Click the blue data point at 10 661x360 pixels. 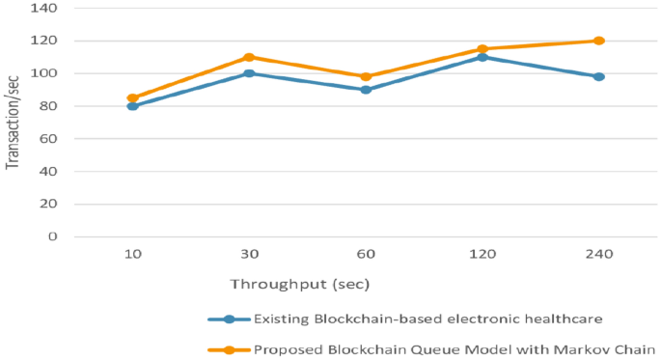pyautogui.click(x=132, y=106)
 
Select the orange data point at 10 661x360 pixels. pyautogui.click(x=132, y=97)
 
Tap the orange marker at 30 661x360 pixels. pyautogui.click(x=249, y=57)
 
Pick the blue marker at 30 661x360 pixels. pyautogui.click(x=249, y=73)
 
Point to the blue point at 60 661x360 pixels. pyautogui.click(x=366, y=90)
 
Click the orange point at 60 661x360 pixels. pyautogui.click(x=366, y=76)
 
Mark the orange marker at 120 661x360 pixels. pyautogui.click(x=482, y=49)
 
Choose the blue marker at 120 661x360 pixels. pyautogui.click(x=482, y=57)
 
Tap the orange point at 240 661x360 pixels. pyautogui.click(x=599, y=41)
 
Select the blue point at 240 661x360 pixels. pyautogui.click(x=599, y=76)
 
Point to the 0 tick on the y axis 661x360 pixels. pyautogui.click(x=53, y=236)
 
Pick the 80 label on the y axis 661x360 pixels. pyautogui.click(x=49, y=106)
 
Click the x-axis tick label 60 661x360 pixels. pyautogui.click(x=366, y=254)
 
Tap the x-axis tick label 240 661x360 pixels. pyautogui.click(x=599, y=254)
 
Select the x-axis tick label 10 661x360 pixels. pyautogui.click(x=132, y=254)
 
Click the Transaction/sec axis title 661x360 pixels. pyautogui.click(x=13, y=123)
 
